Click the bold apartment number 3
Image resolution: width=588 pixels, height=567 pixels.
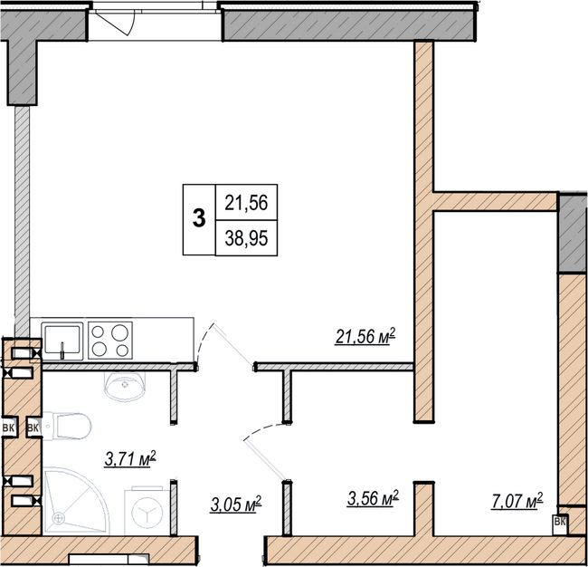point(198,218)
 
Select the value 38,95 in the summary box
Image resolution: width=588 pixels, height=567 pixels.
point(245,237)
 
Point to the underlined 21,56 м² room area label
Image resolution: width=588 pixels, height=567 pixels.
point(363,338)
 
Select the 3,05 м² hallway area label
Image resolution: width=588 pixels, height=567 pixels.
point(232,502)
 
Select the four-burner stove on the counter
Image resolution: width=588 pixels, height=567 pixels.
point(110,341)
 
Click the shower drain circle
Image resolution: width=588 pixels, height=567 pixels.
point(60,518)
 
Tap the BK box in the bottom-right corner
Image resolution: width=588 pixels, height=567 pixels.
point(560,522)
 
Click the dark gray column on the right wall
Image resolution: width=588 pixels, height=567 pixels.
point(572,232)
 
